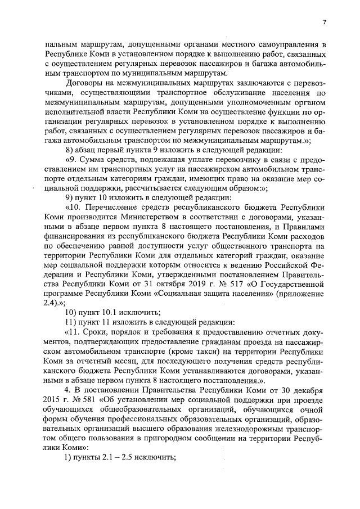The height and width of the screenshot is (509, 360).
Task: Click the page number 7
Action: [x=325, y=22]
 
